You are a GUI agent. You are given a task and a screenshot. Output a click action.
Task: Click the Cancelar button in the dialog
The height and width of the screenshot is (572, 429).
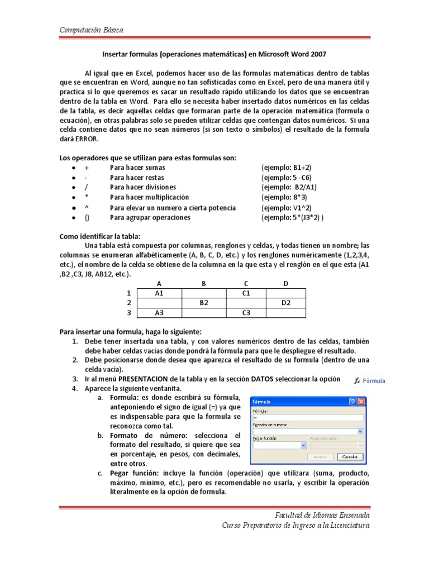pyautogui.click(x=349, y=456)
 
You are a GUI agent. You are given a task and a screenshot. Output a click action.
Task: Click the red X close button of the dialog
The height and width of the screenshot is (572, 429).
pyautogui.click(x=361, y=402)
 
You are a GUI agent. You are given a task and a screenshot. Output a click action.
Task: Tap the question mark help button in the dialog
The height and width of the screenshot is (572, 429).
pyautogui.click(x=353, y=402)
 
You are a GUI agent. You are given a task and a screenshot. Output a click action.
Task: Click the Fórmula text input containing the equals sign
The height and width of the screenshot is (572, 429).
pyautogui.click(x=307, y=417)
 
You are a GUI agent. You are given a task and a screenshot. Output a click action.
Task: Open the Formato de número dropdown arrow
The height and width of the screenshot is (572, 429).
pyautogui.click(x=360, y=431)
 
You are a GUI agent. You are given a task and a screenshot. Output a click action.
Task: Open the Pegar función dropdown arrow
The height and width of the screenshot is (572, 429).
pyautogui.click(x=303, y=445)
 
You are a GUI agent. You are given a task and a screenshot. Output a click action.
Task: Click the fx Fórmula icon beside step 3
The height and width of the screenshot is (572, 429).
pyautogui.click(x=370, y=381)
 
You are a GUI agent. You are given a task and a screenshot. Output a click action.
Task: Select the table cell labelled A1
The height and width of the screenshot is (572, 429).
pyautogui.click(x=159, y=293)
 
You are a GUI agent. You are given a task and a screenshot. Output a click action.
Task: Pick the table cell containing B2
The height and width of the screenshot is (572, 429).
pyautogui.click(x=204, y=303)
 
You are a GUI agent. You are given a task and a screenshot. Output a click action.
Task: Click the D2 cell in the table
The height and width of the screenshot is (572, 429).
pyautogui.click(x=285, y=303)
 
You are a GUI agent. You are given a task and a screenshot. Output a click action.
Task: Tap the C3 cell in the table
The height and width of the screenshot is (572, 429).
pyautogui.click(x=245, y=313)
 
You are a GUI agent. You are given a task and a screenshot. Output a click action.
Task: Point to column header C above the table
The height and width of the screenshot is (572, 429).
pyautogui.click(x=245, y=283)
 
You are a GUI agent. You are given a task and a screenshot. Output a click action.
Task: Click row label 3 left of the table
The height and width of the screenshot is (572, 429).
pyautogui.click(x=128, y=313)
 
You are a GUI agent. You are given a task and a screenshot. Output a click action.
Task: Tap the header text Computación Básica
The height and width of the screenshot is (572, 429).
pyautogui.click(x=92, y=30)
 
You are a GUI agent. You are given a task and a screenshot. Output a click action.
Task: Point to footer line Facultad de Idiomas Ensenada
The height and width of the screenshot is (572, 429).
pyautogui.click(x=322, y=514)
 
